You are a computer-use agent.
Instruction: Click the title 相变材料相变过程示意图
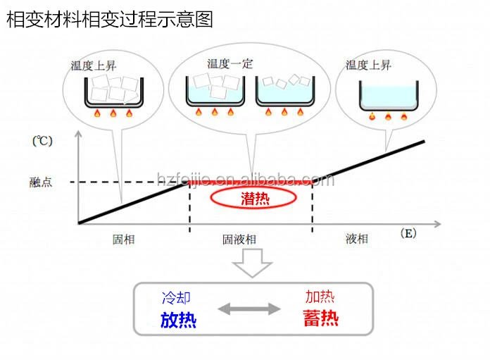pos(109,18)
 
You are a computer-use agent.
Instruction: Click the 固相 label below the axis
pos(123,240)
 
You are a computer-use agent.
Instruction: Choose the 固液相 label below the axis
pos(239,240)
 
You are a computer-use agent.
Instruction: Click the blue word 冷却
pos(176,299)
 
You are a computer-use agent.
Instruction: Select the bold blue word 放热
pos(178,320)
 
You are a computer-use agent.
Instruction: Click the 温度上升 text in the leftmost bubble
pos(94,65)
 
